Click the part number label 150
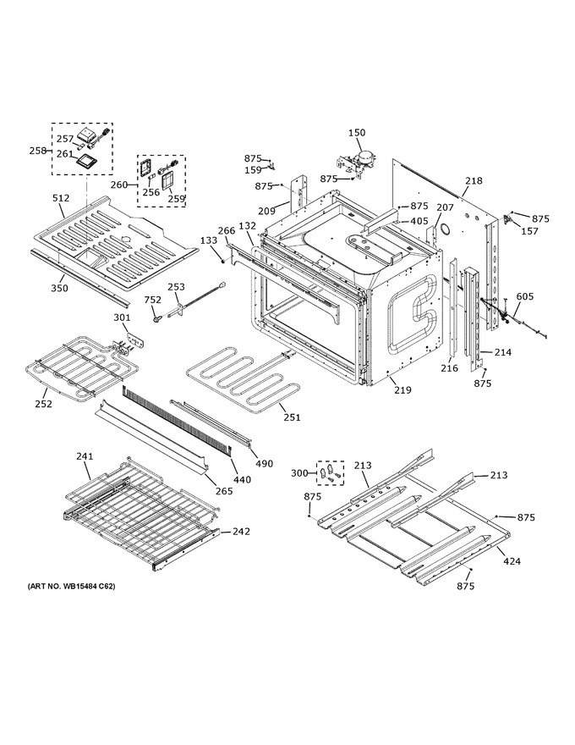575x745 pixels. tap(357, 133)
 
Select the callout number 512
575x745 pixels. tap(61, 198)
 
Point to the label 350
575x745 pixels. tap(59, 288)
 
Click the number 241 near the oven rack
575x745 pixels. tap(85, 456)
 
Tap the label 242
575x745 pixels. tap(241, 531)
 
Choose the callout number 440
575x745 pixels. tap(242, 480)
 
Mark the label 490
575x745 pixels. tap(265, 463)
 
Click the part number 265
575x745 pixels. tap(224, 491)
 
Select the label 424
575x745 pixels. tap(512, 561)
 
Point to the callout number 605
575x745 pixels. tap(525, 296)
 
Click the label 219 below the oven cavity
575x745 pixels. tap(402, 389)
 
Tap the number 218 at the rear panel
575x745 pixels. tap(474, 180)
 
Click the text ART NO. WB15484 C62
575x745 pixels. tap(71, 587)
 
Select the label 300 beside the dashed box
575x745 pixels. tap(300, 472)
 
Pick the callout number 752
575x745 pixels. tap(153, 300)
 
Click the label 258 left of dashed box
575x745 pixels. tap(38, 151)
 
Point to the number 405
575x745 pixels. tap(419, 221)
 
